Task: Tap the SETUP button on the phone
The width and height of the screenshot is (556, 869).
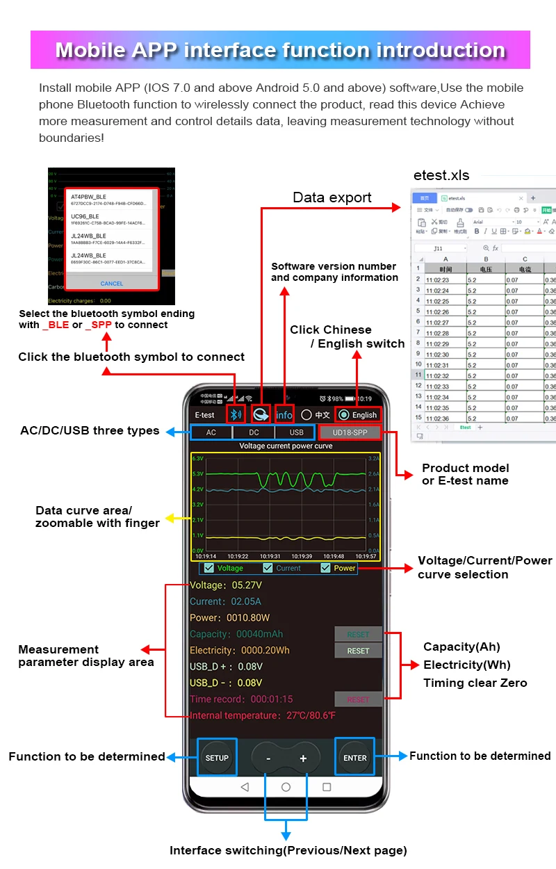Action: tap(217, 758)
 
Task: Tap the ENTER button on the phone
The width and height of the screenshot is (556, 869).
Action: tap(354, 758)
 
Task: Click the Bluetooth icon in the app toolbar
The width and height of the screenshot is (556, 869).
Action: tap(236, 415)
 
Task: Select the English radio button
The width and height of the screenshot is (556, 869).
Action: tap(344, 415)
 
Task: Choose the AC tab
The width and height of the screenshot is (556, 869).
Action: tap(211, 432)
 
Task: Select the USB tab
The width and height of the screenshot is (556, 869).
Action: tap(296, 432)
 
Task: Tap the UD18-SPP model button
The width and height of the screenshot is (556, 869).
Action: tap(350, 432)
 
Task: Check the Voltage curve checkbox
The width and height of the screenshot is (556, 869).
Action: tap(208, 568)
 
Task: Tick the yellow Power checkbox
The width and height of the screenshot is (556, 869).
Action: tap(325, 568)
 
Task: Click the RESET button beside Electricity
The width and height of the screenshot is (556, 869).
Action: tap(358, 651)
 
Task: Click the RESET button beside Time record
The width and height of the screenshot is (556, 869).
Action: tap(358, 699)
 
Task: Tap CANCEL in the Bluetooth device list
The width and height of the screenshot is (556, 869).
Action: tap(112, 284)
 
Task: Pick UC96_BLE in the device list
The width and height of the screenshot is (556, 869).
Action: tap(85, 216)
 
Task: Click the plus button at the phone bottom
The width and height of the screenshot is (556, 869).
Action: tap(303, 758)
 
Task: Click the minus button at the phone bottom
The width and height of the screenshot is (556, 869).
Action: tap(268, 758)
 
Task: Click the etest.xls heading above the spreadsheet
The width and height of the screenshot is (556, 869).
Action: tap(441, 175)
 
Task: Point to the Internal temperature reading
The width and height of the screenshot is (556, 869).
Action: tap(263, 715)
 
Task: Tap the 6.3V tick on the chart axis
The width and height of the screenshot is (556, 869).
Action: tap(197, 459)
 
